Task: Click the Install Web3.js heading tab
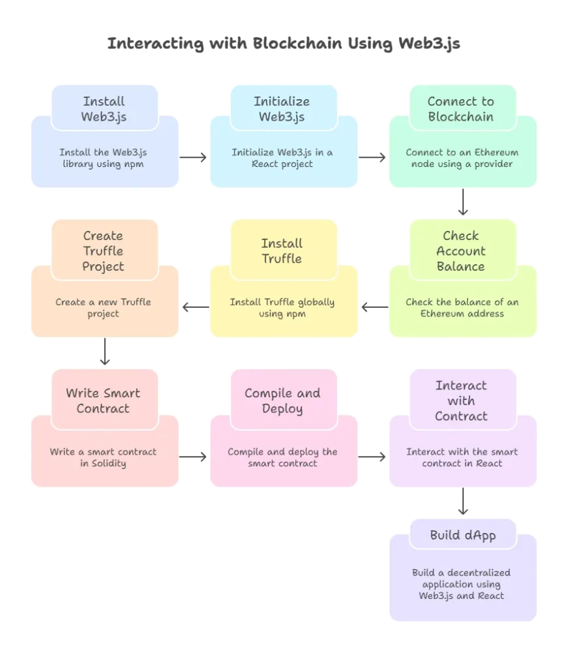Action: pyautogui.click(x=104, y=109)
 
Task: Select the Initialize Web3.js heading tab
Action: pyautogui.click(x=282, y=109)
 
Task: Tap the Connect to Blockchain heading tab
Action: pyautogui.click(x=461, y=109)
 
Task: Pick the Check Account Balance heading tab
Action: pyautogui.click(x=461, y=251)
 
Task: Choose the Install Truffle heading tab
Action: pyautogui.click(x=282, y=251)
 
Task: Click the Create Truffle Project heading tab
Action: pyautogui.click(x=104, y=251)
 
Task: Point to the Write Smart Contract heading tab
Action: pyautogui.click(x=104, y=401)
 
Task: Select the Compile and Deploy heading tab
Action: pyautogui.click(x=282, y=401)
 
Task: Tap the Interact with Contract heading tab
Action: pyautogui.click(x=461, y=401)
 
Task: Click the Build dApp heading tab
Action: pyautogui.click(x=462, y=536)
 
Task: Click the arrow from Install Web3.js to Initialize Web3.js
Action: pyautogui.click(x=194, y=158)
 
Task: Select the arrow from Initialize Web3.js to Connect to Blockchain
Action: pyautogui.click(x=372, y=158)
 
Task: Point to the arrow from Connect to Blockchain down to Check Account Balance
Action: pyautogui.click(x=462, y=202)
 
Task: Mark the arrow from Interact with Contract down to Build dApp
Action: pyautogui.click(x=462, y=502)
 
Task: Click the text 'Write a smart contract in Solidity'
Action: pyautogui.click(x=104, y=457)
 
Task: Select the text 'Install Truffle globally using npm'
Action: pyautogui.click(x=282, y=308)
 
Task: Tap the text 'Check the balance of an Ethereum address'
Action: pyautogui.click(x=462, y=308)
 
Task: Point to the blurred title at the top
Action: pyautogui.click(x=284, y=44)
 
